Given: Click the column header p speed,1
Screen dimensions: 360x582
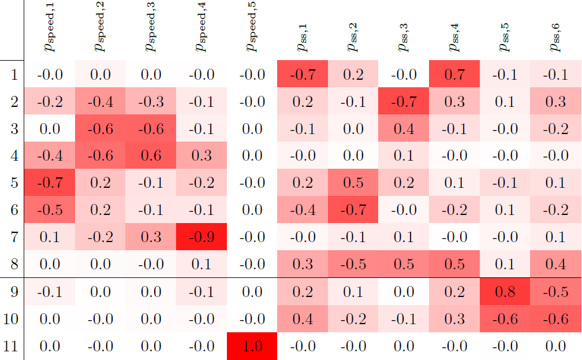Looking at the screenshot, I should (50, 32).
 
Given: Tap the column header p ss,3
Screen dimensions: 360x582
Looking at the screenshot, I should (404, 38).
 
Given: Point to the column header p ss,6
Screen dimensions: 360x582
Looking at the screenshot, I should (555, 38).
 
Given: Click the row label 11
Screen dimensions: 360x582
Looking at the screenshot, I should (13, 346).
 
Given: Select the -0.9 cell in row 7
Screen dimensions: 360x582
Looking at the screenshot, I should (202, 237).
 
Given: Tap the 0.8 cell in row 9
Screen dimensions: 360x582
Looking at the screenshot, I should (505, 291).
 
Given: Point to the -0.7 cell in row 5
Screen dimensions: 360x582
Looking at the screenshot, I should (50, 183).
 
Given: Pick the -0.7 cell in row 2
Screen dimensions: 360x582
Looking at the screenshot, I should (404, 101).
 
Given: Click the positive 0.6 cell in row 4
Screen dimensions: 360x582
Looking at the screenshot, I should (151, 155).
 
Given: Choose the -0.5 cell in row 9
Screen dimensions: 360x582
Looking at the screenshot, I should (555, 291).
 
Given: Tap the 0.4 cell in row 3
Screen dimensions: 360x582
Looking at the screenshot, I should (404, 128).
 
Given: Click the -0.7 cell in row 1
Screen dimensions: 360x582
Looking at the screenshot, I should (303, 74).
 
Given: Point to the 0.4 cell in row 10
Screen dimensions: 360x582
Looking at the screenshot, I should (303, 318).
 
